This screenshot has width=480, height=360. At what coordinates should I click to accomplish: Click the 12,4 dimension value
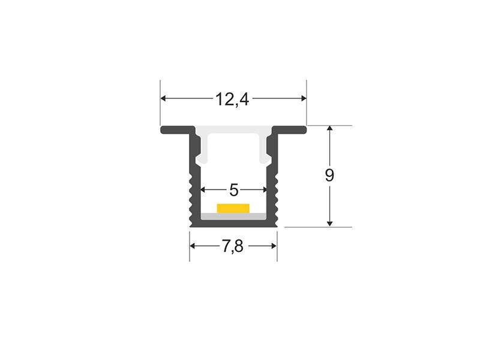click(232, 99)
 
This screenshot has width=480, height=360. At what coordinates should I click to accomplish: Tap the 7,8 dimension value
click(232, 246)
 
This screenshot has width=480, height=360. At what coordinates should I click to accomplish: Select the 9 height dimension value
click(329, 175)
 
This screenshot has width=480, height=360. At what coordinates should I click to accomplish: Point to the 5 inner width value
click(233, 190)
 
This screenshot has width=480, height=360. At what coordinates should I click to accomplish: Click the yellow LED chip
click(233, 208)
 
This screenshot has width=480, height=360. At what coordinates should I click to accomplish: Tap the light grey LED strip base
click(233, 216)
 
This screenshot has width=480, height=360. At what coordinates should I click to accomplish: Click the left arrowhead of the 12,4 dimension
click(163, 98)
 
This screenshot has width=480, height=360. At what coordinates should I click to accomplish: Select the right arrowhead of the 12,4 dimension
click(304, 98)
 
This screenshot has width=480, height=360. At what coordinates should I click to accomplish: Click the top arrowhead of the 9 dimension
click(329, 128)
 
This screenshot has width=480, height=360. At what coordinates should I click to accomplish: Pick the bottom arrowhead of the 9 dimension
click(329, 224)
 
